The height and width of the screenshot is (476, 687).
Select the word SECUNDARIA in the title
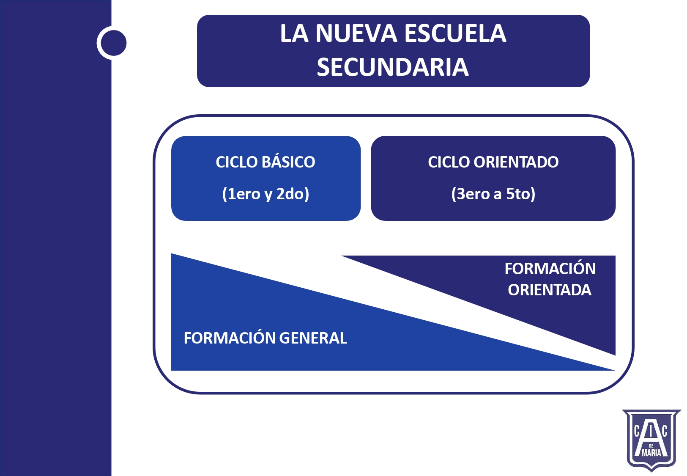tap(393, 67)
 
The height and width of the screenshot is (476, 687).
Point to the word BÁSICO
tap(288, 162)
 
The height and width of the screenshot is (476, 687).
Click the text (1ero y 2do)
tap(265, 194)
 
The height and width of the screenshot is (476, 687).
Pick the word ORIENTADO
tap(516, 162)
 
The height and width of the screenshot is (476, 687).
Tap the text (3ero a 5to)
tap(493, 194)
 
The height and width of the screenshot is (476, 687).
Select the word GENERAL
tap(313, 338)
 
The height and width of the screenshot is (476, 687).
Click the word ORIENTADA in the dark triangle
tap(549, 290)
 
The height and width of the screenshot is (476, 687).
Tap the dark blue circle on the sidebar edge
tap(113, 43)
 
